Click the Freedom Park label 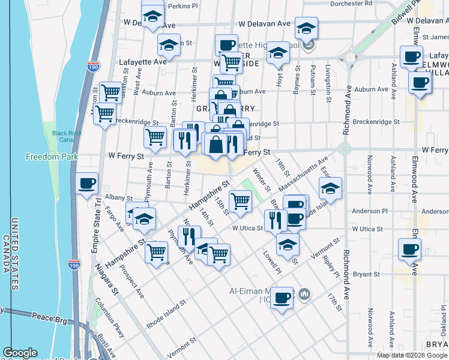point(44,157)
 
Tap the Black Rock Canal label point(65,136)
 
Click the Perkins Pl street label point(183,6)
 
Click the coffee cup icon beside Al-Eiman point(281,297)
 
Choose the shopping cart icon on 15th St point(240,200)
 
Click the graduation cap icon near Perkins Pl point(152,16)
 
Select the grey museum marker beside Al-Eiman point(304,294)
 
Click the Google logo point(20,353)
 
